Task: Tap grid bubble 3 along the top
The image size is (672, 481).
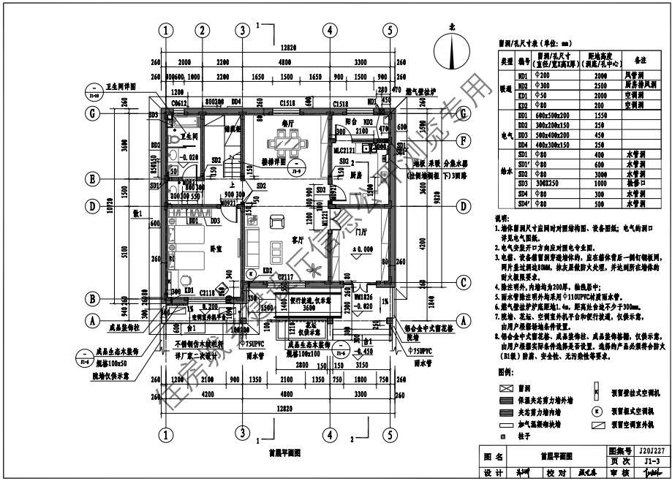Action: tap(241, 31)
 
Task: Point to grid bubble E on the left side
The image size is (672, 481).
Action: tap(93, 177)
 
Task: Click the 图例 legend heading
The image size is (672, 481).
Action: tap(505, 372)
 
